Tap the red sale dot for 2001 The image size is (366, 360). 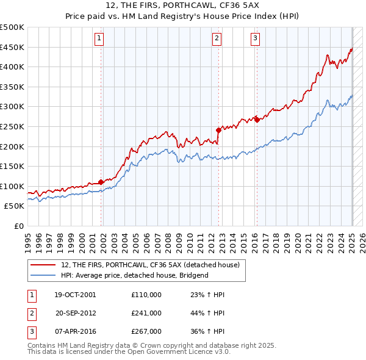[x=101, y=182]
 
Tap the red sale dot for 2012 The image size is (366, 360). [x=218, y=129]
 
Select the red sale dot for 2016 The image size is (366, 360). [x=257, y=120]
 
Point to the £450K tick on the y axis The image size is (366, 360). [x=12, y=47]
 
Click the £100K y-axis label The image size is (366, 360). [x=12, y=186]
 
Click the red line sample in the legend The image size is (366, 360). [x=43, y=265]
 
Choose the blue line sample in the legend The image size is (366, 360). [x=43, y=275]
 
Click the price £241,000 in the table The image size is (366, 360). [x=146, y=313]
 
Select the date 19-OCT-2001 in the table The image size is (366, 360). [x=74, y=295]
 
